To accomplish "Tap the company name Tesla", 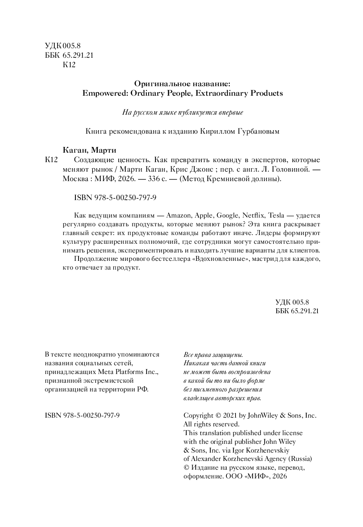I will click(x=276, y=215).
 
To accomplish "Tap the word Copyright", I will click(x=198, y=415).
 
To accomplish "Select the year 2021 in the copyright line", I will click(x=230, y=415).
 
